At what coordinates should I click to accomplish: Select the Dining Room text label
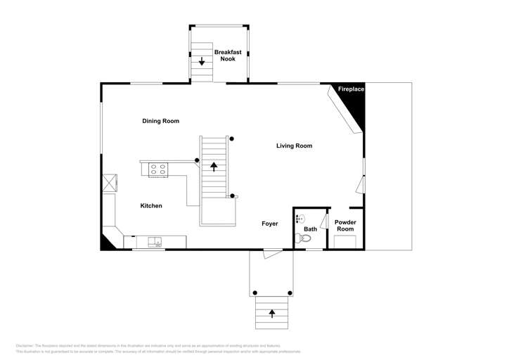(160, 121)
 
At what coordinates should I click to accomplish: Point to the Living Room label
(293, 146)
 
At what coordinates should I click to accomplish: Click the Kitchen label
(151, 206)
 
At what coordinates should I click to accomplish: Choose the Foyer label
(270, 224)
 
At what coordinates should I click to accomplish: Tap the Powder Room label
(345, 226)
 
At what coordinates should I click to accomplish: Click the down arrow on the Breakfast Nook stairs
(202, 62)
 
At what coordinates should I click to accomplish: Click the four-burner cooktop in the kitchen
(158, 169)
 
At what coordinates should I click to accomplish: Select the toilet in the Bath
(305, 239)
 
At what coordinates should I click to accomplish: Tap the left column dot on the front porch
(255, 292)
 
